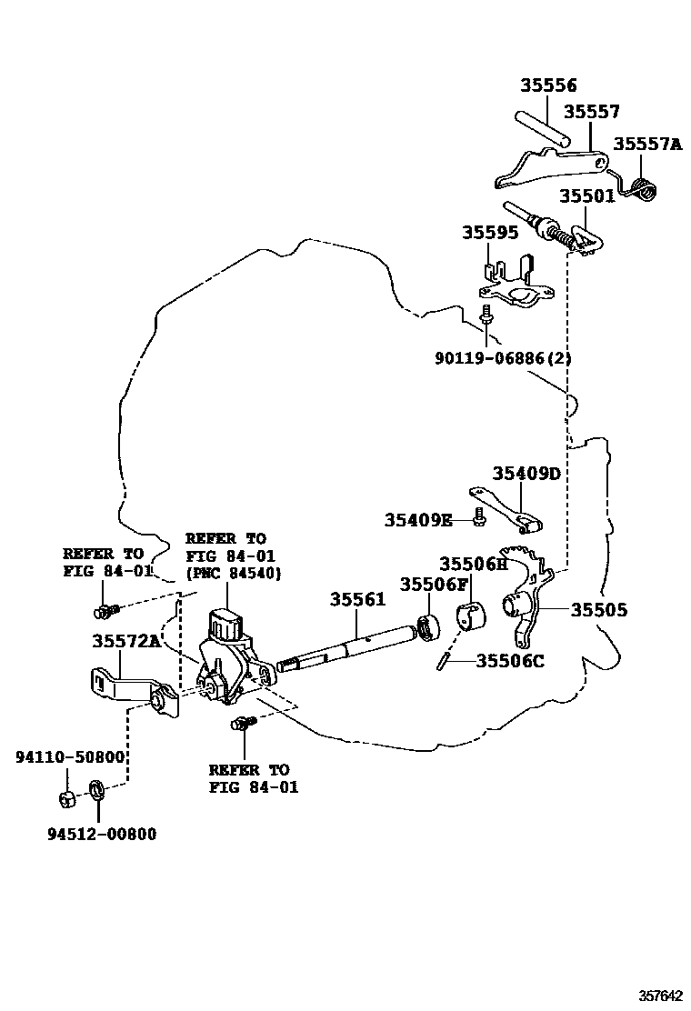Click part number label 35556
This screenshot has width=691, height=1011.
tap(548, 85)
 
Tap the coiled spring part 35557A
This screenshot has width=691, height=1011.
tap(646, 190)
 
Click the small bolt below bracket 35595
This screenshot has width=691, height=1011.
tap(487, 315)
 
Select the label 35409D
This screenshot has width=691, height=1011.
tap(526, 474)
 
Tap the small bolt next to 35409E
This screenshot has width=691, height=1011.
tap(478, 519)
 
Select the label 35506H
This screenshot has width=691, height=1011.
tap(473, 564)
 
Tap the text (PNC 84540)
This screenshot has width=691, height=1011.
tap(233, 574)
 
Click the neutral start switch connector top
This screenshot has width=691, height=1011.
tap(224, 626)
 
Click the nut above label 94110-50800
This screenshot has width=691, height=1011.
tap(65, 799)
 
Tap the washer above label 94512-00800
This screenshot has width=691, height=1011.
tap(96, 789)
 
